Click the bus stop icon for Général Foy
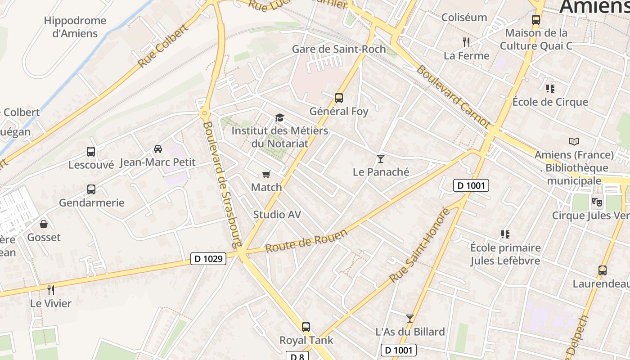pos(339,98)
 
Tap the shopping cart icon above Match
pos(266,174)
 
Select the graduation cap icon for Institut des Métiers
pos(280,118)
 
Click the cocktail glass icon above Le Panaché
pos(381,158)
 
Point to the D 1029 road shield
pos(208,259)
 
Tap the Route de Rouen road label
pos(306,241)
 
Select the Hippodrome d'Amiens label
pos(75,27)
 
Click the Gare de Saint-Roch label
pos(339,49)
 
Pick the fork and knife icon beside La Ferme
pos(466,42)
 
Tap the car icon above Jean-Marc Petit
pos(158,148)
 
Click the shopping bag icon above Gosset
pos(44,224)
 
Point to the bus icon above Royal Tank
pos(306,327)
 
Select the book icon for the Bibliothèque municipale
pos(574,142)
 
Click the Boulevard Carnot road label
pos(453,96)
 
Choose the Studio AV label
pos(277,215)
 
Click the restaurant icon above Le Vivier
pos(51,290)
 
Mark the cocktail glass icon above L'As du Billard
pos(410,319)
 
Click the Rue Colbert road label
pos(162,46)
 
